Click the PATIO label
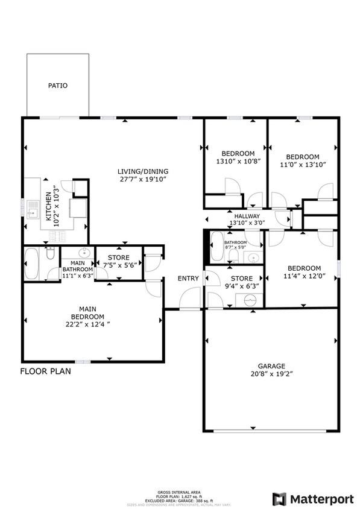coord(58,86)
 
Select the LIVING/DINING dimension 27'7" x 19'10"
coord(142,179)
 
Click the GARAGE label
coord(270,365)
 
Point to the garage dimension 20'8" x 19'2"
coord(270,374)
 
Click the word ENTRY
coord(188,278)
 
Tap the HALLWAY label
coord(247,216)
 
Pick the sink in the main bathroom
coord(84,253)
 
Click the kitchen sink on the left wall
coord(33,210)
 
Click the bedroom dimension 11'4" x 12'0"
coord(303,277)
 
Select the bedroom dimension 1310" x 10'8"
coord(238,162)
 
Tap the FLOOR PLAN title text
coord(46,371)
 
